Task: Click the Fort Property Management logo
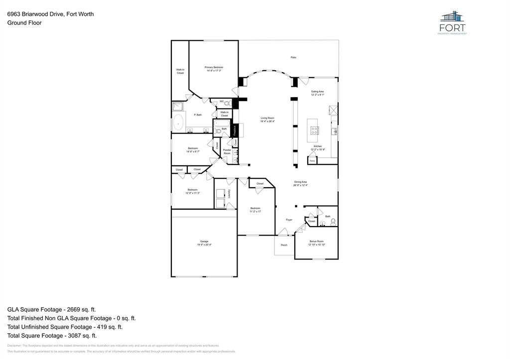coord(452,23)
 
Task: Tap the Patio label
coord(294,58)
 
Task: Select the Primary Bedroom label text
coord(214,67)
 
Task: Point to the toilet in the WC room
coord(228,103)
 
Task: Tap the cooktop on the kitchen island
coord(315,131)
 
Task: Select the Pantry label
coord(312,161)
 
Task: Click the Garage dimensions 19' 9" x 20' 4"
coord(204,245)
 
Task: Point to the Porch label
coord(284,245)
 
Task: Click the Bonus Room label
coord(316,241)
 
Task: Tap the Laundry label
coord(229,193)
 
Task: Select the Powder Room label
coord(227,152)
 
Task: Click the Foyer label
coord(289,220)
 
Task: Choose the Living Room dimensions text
coord(267,121)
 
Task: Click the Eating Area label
coord(318,92)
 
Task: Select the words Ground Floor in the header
coord(24,23)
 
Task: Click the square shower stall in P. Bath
coord(178,106)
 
